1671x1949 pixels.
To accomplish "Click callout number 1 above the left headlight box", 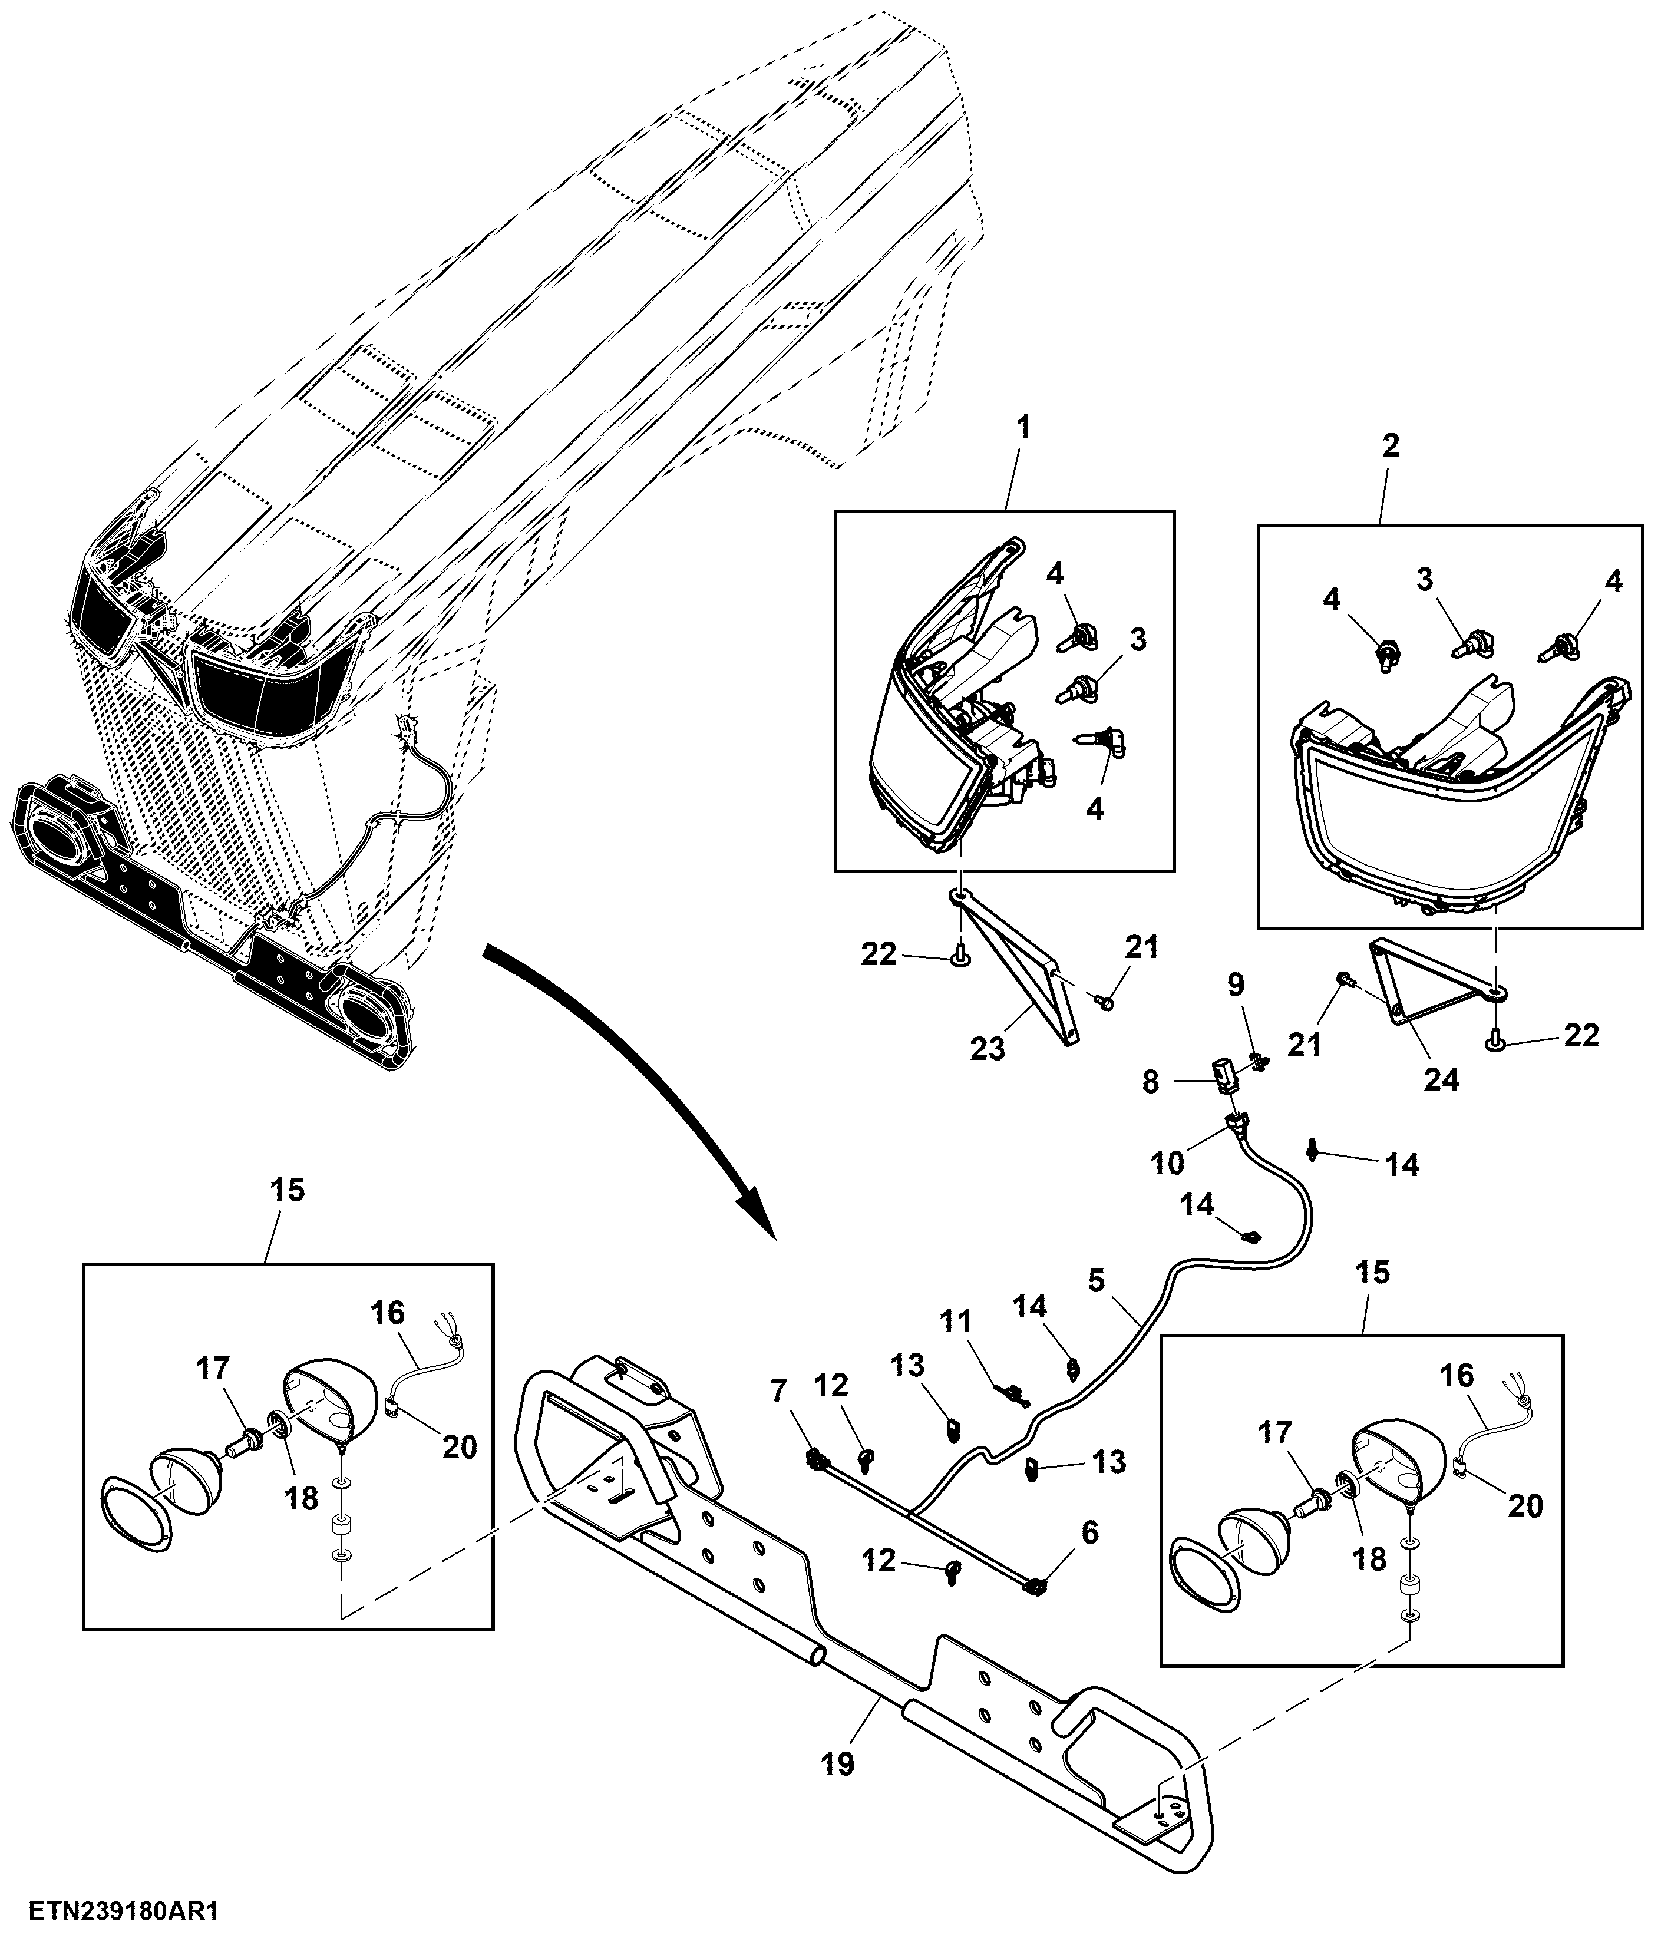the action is [x=1023, y=429].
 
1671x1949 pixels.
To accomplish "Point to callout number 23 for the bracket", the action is [x=988, y=1048].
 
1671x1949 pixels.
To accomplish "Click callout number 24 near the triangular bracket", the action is [x=1441, y=1081].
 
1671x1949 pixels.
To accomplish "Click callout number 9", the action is [x=1236, y=985].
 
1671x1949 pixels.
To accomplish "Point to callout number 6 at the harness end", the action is [x=1089, y=1533].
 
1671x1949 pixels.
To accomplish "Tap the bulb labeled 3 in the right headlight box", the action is [x=1471, y=645].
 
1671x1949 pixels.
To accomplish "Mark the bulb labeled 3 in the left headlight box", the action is [x=1075, y=691].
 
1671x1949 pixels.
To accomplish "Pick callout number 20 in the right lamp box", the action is [x=1525, y=1506].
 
